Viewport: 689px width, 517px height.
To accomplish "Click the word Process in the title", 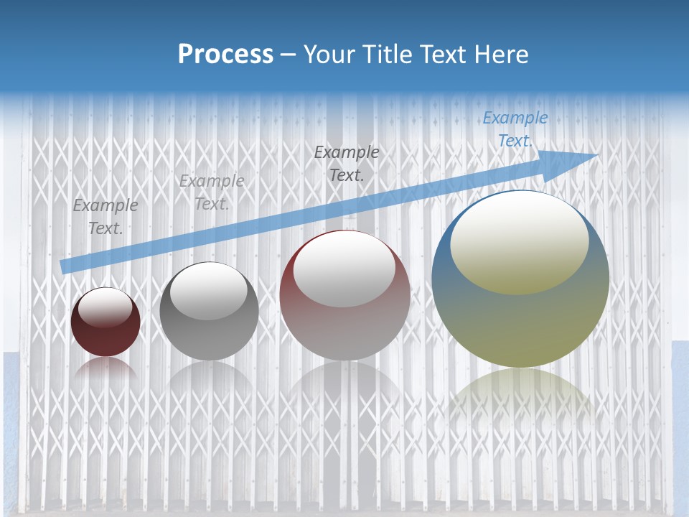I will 225,54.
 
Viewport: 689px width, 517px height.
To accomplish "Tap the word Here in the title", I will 500,54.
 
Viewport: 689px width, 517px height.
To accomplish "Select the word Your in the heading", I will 330,54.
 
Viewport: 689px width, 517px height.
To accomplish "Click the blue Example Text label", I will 515,129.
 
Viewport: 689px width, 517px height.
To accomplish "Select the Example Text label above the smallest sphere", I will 106,217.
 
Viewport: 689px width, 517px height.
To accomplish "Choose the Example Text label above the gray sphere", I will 212,192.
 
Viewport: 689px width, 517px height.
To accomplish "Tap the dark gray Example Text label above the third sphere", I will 347,163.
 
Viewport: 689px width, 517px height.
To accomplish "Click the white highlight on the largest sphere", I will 519,241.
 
